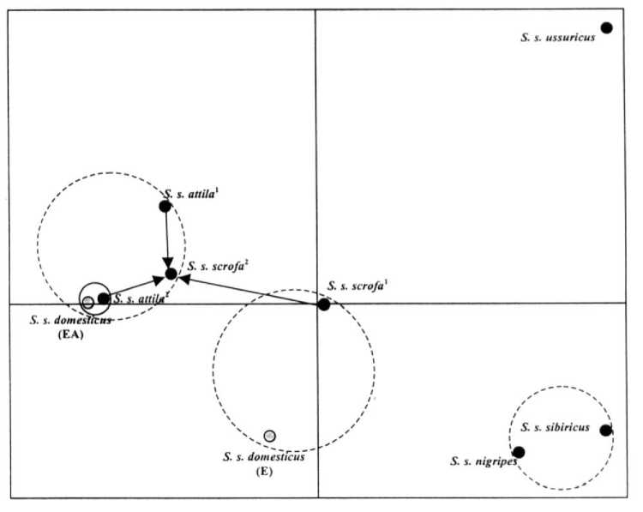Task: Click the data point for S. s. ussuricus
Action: point(607,27)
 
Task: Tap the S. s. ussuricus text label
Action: point(557,37)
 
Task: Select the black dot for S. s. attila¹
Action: point(165,206)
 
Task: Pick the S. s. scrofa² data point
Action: point(171,274)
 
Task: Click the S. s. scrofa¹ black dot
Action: point(324,304)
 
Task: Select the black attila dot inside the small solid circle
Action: point(104,298)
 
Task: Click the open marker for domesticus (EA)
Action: point(87,301)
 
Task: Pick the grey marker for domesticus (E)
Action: point(270,436)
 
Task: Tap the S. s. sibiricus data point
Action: point(606,431)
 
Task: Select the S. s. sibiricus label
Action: point(556,427)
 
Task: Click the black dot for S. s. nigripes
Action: point(519,452)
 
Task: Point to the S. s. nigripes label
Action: point(483,461)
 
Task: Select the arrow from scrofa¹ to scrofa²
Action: point(249,290)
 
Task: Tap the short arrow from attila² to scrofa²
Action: point(135,287)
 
